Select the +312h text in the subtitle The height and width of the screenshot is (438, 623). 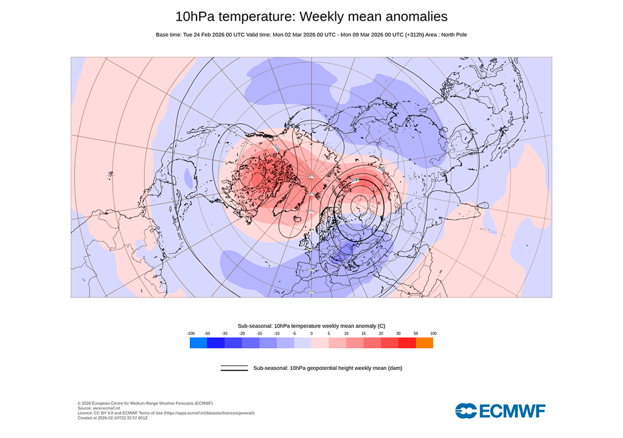coord(414,35)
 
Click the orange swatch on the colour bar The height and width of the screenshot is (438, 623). coord(424,343)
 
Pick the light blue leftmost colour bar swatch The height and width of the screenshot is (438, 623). coord(198,343)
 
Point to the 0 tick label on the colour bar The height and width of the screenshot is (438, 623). coord(311,333)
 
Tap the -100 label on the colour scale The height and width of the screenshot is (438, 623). coord(190,333)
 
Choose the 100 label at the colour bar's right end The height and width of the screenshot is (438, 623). coord(433,333)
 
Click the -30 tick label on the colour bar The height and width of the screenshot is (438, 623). coord(224,333)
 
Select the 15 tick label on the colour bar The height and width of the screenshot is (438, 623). coord(364,333)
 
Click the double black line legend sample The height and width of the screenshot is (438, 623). coord(234,368)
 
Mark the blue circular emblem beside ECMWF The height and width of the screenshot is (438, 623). coord(467,411)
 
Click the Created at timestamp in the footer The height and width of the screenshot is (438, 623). coord(113,418)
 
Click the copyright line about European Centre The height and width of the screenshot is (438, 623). coord(145,403)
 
